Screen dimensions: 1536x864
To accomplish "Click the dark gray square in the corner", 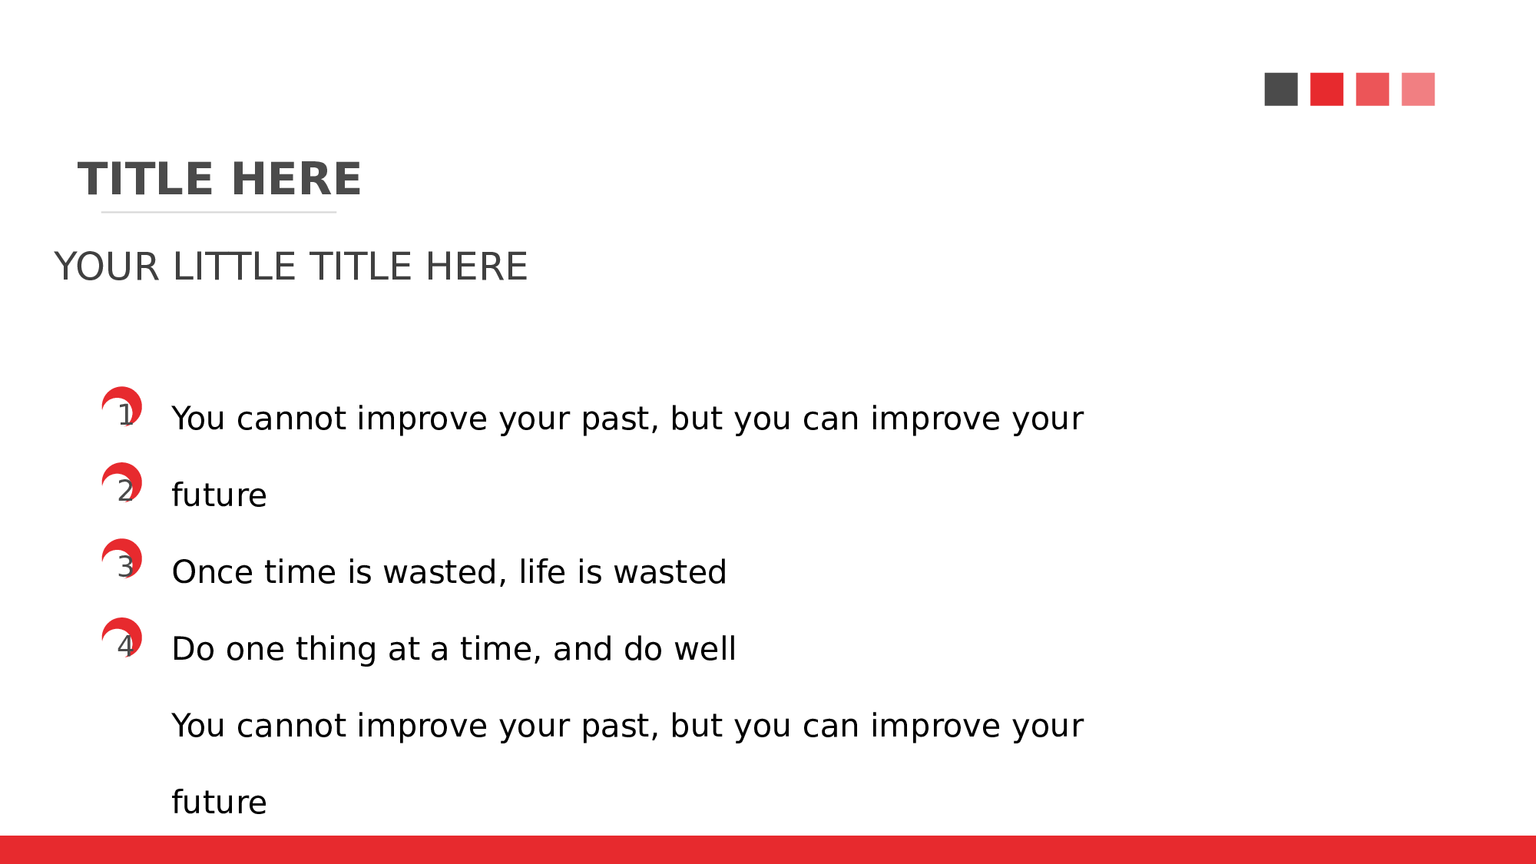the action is click(x=1281, y=89).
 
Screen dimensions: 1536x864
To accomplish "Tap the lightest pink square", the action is click(x=1418, y=89).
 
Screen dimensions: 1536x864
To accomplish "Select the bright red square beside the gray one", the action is click(x=1326, y=89).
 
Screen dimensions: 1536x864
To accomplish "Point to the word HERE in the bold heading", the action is click(x=296, y=179).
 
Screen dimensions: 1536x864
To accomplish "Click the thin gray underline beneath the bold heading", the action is click(x=219, y=212).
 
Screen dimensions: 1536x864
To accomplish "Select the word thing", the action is click(x=336, y=650).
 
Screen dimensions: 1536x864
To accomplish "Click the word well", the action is click(x=705, y=648).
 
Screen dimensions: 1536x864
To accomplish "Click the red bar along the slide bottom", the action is click(x=768, y=849).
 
